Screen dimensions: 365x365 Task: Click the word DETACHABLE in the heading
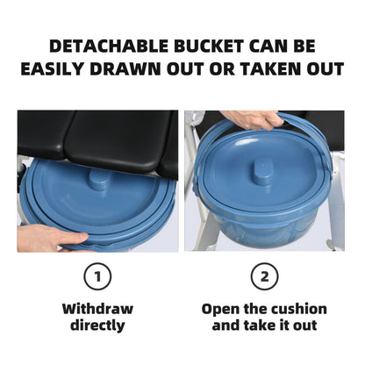[x=109, y=47]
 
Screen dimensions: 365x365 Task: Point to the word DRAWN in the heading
[x=125, y=69]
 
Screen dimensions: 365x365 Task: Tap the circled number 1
[x=97, y=276]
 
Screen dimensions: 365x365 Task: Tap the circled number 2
[x=264, y=276]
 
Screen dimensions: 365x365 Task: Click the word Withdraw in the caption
[x=97, y=309]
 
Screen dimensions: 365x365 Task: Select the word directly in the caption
[x=97, y=326]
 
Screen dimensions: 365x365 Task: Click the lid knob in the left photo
[x=99, y=179]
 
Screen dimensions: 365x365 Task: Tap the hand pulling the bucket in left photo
[x=50, y=238]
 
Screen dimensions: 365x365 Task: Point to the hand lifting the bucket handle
[x=251, y=119]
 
